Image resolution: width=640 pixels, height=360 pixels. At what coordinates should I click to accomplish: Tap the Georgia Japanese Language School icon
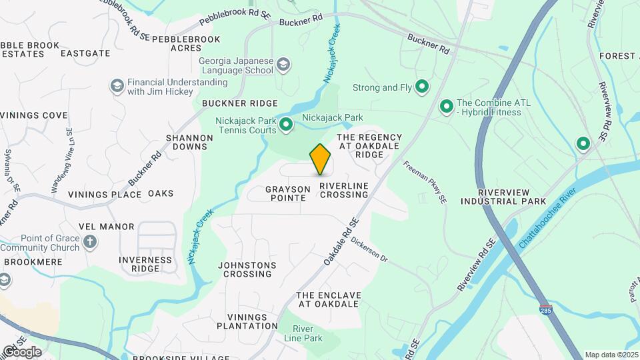283,65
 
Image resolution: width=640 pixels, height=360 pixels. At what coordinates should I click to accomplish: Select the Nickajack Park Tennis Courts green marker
286,125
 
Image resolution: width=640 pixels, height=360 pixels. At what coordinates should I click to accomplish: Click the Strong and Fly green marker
422,87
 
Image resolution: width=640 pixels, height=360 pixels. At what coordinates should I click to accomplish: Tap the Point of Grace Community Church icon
90,243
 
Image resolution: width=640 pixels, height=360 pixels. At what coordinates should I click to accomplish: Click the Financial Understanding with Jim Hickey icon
117,87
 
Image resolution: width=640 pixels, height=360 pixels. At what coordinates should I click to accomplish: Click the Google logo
22,351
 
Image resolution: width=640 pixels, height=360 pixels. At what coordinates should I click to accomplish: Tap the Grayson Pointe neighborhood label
288,193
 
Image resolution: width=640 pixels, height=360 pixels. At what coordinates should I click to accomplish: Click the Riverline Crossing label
343,190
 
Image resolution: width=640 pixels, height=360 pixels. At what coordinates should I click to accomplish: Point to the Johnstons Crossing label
247,269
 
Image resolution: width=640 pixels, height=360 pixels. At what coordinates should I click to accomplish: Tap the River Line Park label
308,333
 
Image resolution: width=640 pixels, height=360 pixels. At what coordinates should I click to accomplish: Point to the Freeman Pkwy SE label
423,182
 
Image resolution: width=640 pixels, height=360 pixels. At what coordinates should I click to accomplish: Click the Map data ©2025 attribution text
611,355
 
